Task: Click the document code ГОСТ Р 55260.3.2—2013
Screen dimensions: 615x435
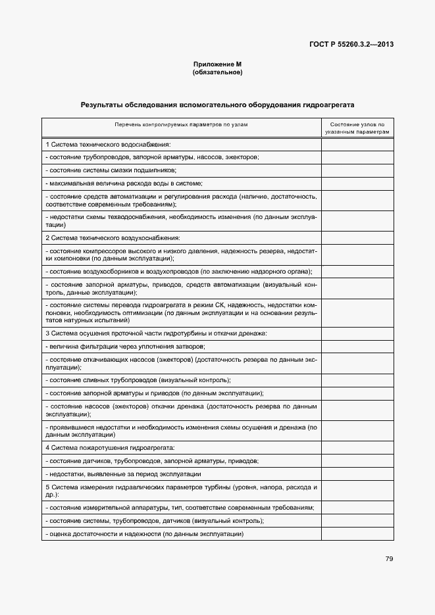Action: (351, 45)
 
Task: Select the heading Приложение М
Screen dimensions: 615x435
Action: (217, 64)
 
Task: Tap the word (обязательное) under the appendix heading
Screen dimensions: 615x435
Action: (217, 72)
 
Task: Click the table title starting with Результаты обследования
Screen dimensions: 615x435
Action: (217, 105)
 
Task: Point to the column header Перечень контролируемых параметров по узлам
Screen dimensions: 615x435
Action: (181, 124)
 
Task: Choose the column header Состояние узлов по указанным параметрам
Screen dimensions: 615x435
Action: (357, 128)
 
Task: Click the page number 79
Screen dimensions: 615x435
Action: (389, 558)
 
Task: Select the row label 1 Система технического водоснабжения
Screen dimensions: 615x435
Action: (108, 144)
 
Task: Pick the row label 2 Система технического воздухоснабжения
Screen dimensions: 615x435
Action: (113, 237)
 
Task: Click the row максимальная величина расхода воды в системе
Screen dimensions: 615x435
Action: (124, 183)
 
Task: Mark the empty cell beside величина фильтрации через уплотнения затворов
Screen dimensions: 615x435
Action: (357, 346)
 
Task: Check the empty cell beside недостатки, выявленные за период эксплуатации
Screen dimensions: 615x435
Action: (357, 474)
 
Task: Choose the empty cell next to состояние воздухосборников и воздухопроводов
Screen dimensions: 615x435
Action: (357, 272)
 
